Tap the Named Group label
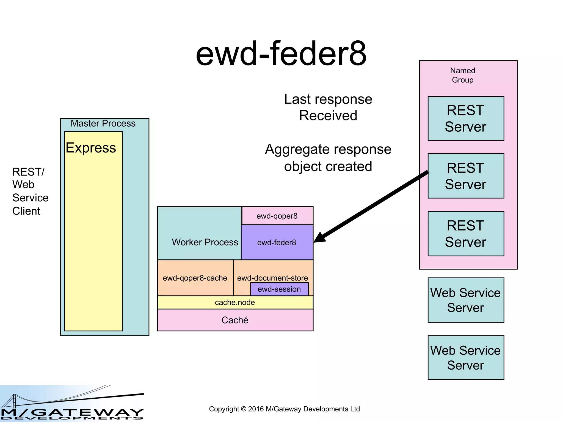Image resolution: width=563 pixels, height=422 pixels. coord(462,75)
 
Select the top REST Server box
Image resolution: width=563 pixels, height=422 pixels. coord(466,118)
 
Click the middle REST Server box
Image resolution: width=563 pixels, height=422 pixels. coord(466,176)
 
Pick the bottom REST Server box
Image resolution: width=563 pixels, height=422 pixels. coord(466,234)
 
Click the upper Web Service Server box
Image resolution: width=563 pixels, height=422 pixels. coord(466,300)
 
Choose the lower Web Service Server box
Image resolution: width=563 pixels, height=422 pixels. coord(466,357)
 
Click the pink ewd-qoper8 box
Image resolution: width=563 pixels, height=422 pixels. coord(277,216)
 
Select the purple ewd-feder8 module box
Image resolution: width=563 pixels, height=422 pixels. coord(277,242)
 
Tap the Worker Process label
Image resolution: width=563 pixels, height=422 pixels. coord(205,242)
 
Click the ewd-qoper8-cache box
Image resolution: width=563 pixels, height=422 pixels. coord(195,278)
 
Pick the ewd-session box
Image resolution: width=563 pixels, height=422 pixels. coord(279,289)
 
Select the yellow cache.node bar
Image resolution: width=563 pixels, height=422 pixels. coord(235,302)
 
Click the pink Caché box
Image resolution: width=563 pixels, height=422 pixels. coord(235,320)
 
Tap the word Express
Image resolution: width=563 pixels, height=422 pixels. coord(91,148)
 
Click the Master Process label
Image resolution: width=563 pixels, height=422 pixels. coord(103,123)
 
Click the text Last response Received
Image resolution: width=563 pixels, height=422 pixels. coord(328,107)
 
